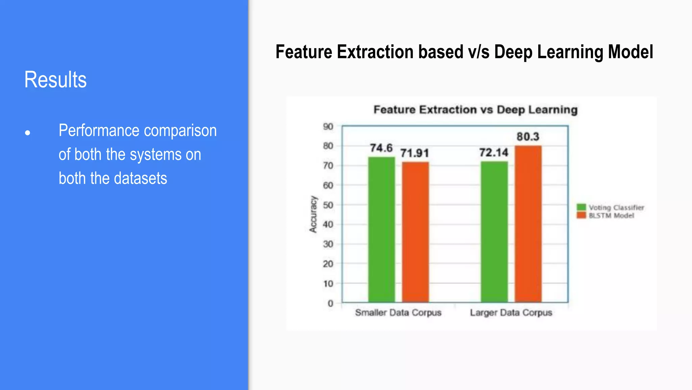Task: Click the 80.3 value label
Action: tap(528, 137)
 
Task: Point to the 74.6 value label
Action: tap(381, 148)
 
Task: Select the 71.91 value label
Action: tap(415, 153)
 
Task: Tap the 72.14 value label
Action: tap(494, 153)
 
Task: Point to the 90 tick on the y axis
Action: tap(328, 127)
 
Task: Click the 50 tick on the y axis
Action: tap(328, 205)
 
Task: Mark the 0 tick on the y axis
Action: tap(330, 303)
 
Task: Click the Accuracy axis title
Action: tap(313, 214)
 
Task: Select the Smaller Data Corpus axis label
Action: tap(398, 312)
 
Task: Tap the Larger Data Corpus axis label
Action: tap(511, 312)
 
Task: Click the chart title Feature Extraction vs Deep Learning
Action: tap(475, 110)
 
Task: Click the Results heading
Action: tap(55, 80)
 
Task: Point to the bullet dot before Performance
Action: tap(28, 133)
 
